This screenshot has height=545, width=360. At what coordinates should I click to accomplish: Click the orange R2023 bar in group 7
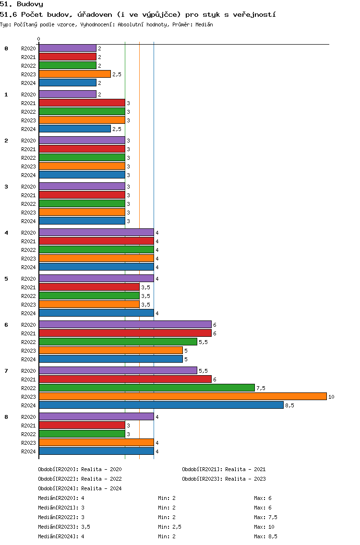tap(183, 397)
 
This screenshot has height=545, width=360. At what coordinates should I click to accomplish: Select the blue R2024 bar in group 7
tap(161, 405)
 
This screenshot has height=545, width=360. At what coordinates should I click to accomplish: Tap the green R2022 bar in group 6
tap(118, 342)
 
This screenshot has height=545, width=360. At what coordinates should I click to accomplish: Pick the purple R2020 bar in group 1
tap(68, 94)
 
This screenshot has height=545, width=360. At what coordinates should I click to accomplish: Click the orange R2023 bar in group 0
tap(75, 74)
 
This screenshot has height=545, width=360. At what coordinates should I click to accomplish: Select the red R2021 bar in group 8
tap(82, 426)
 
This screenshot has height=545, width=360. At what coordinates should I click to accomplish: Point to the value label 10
tap(331, 397)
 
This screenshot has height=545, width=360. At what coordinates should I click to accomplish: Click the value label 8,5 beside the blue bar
tap(289, 405)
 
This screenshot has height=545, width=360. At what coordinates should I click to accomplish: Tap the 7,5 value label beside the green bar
tap(261, 388)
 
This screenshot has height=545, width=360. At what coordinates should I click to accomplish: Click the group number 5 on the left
tap(6, 279)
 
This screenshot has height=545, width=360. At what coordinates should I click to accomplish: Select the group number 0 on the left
tap(6, 48)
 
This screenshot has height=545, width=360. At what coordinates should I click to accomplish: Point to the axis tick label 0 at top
tap(38, 39)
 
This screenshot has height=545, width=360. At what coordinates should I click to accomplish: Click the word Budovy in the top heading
tap(30, 4)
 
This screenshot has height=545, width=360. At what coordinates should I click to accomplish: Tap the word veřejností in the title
tap(254, 14)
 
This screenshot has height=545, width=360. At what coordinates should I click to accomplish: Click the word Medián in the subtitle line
tap(204, 24)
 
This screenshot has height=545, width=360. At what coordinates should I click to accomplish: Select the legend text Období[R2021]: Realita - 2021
tap(224, 469)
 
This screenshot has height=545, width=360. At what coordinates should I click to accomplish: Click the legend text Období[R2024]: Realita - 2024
tap(80, 488)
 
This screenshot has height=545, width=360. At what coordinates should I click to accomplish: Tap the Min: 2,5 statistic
tap(169, 527)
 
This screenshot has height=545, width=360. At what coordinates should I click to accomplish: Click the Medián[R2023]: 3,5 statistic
tap(64, 527)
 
